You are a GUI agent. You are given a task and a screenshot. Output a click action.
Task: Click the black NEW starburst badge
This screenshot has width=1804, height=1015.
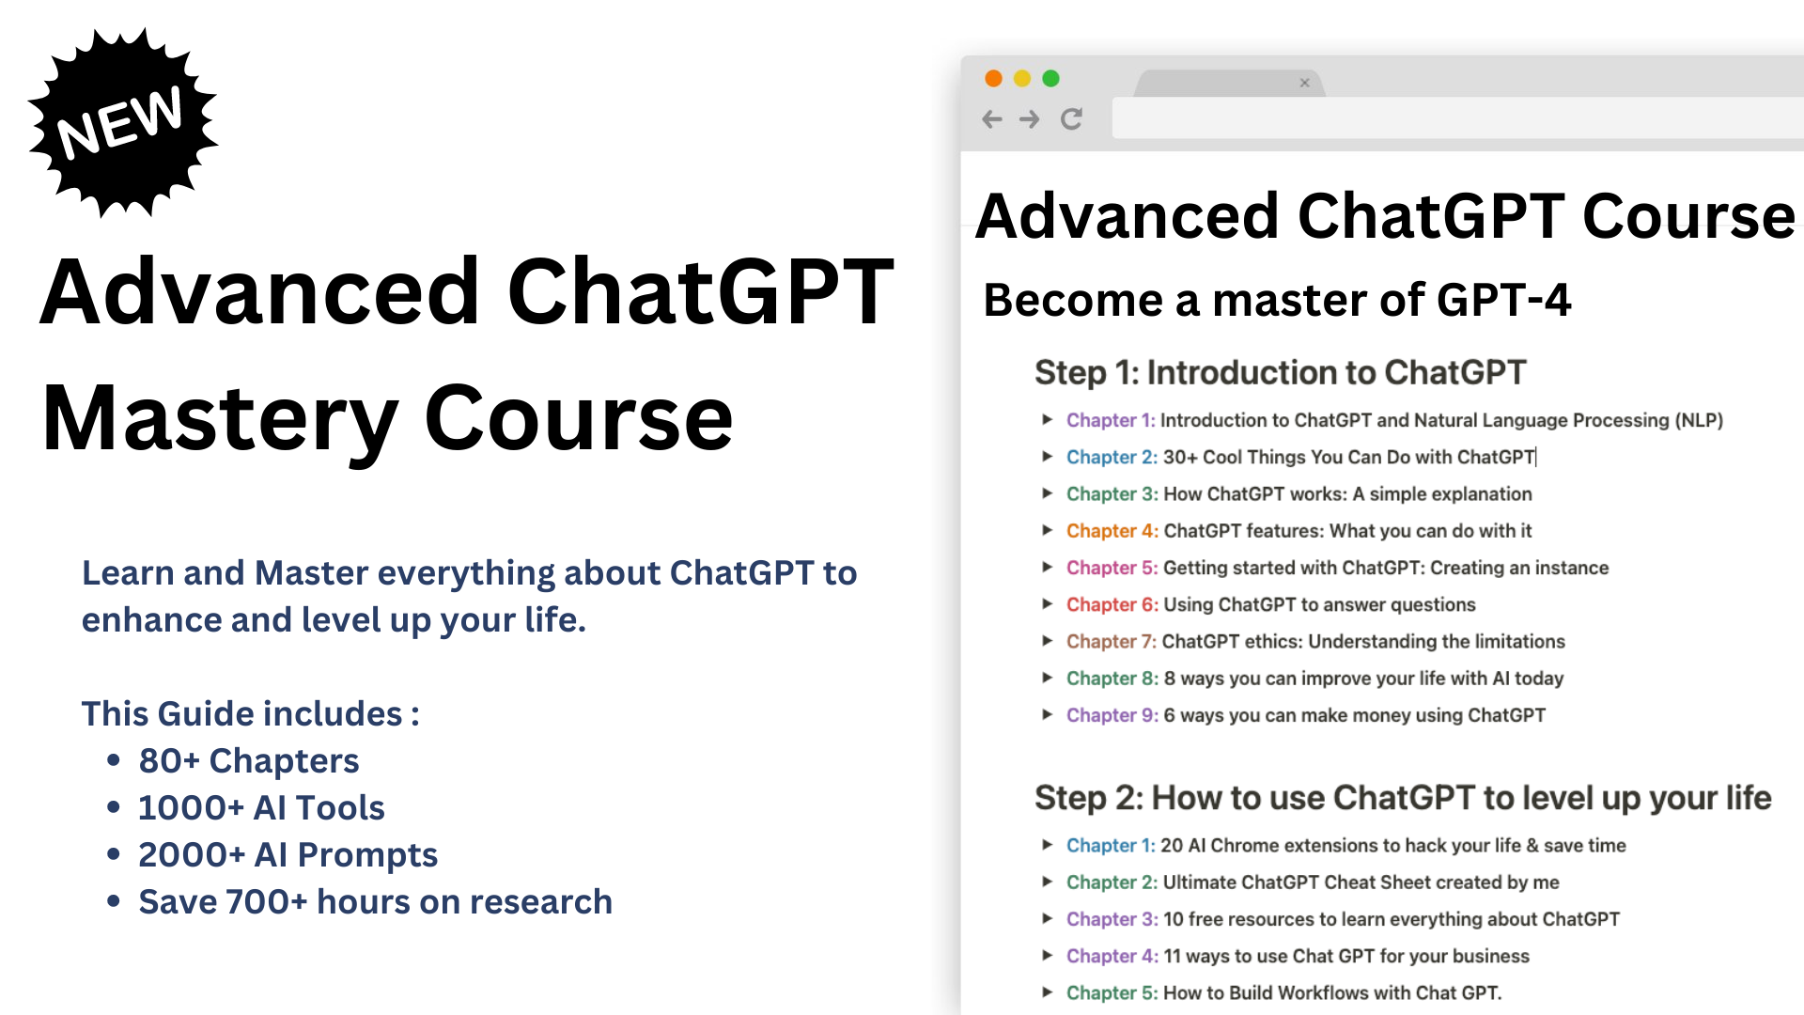tap(122, 122)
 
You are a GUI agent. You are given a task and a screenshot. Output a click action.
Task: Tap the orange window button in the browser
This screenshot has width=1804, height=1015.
tap(993, 79)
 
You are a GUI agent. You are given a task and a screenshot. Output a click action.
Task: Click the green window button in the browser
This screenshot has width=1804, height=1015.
tap(1050, 79)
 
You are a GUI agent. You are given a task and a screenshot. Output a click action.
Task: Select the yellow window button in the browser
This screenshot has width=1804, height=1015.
tap(1022, 79)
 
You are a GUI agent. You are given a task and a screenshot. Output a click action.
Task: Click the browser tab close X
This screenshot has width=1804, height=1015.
tap(1304, 83)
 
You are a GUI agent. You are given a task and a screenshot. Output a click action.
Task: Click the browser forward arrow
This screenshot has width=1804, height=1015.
tap(1030, 119)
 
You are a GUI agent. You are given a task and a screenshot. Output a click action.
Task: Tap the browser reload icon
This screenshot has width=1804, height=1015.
tap(1071, 119)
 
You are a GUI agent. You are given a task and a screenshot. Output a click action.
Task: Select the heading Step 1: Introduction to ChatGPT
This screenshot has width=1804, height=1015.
tap(1280, 373)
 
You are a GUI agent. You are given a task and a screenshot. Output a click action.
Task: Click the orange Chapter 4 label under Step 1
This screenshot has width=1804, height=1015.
tap(1112, 531)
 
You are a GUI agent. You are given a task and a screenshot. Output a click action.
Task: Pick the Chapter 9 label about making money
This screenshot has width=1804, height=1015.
tap(1112, 715)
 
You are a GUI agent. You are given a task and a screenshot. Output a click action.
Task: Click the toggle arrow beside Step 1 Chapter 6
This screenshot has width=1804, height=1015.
tap(1047, 604)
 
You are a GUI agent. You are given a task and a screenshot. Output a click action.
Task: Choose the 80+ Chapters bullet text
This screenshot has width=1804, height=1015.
tap(249, 761)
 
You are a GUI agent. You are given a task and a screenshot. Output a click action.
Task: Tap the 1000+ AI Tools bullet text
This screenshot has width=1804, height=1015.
tap(261, 808)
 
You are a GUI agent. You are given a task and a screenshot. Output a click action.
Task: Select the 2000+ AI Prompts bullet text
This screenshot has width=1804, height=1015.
tap(288, 855)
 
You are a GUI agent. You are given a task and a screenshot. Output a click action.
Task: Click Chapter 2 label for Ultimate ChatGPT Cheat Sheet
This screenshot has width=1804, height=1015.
tap(1112, 882)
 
